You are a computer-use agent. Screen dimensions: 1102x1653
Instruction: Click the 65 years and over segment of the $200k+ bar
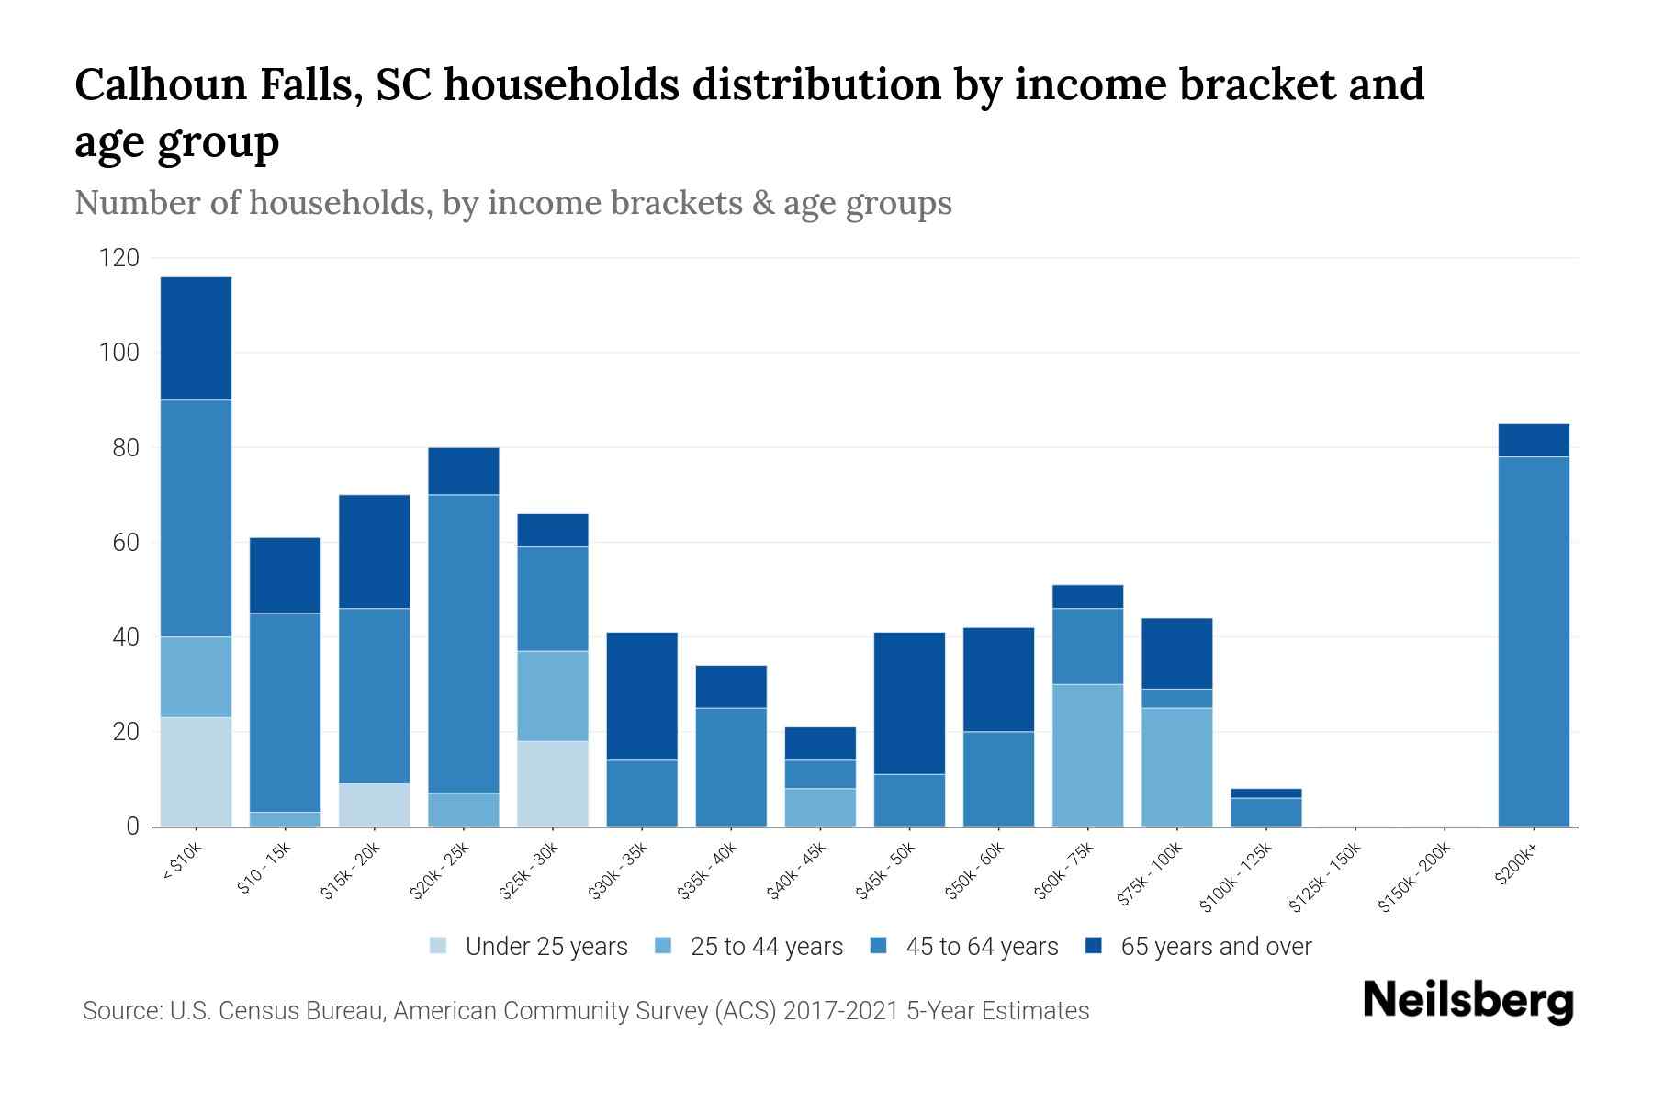tap(1533, 440)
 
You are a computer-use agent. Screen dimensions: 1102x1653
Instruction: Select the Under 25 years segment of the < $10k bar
tap(196, 771)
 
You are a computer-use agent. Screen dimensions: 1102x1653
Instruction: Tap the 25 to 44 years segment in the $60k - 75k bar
tap(1087, 755)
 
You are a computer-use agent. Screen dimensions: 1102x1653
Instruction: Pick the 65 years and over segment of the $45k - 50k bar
tap(909, 703)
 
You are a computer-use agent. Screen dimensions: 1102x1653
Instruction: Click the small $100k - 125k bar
tap(1265, 808)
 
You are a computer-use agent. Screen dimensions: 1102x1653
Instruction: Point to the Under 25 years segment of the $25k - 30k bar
tap(553, 783)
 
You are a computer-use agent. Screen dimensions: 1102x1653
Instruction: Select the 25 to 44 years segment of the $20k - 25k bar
tap(464, 809)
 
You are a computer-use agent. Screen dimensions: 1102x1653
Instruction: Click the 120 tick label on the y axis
tap(118, 258)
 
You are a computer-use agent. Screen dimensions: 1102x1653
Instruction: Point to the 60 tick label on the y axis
tap(125, 543)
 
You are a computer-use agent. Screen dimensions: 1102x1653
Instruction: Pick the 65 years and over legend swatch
tap(1094, 945)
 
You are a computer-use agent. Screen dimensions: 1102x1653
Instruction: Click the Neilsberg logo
tap(1468, 1000)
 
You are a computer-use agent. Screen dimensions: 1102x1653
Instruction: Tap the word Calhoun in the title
tap(161, 84)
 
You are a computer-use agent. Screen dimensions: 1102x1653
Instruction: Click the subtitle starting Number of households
tap(512, 203)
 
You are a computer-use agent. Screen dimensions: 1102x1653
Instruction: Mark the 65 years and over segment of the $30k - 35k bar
tap(642, 695)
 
